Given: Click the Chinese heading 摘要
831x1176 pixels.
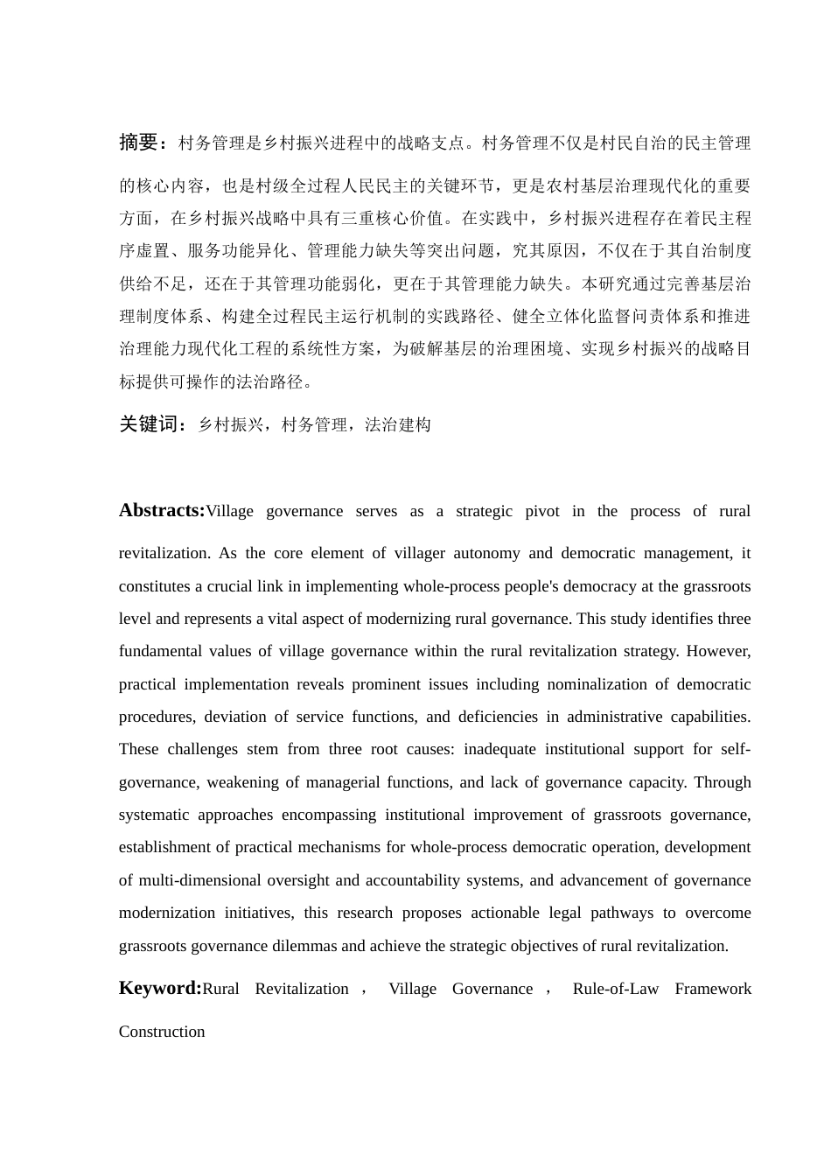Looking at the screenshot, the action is pyautogui.click(x=137, y=142).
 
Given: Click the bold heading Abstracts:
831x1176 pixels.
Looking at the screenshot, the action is pyautogui.click(x=162, y=510).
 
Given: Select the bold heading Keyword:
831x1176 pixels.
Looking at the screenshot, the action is pyautogui.click(x=160, y=988).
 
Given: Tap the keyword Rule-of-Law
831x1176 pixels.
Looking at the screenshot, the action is pyautogui.click(x=616, y=989).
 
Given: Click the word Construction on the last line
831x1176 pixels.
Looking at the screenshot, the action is pyautogui.click(x=162, y=1032).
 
